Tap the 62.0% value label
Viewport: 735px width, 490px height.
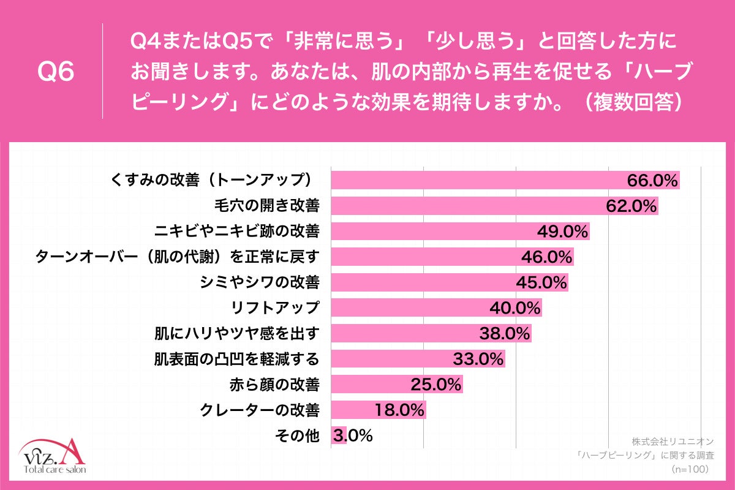pyautogui.click(x=631, y=206)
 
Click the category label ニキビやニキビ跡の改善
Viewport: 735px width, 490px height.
pyautogui.click(x=236, y=232)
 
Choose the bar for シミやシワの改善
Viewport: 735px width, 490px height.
pyautogui.click(x=423, y=282)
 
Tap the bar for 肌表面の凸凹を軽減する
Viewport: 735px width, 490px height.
pyautogui.click(x=392, y=359)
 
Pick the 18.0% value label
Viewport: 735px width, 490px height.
pyautogui.click(x=398, y=410)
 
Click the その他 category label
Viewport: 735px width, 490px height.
pyautogui.click(x=297, y=436)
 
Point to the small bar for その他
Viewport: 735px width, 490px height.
pyautogui.click(x=339, y=436)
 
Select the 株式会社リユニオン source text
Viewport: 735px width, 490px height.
pyautogui.click(x=673, y=441)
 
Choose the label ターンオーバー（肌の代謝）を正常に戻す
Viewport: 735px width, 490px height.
pyautogui.click(x=178, y=257)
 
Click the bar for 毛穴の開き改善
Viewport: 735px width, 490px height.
pyautogui.click(x=466, y=206)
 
